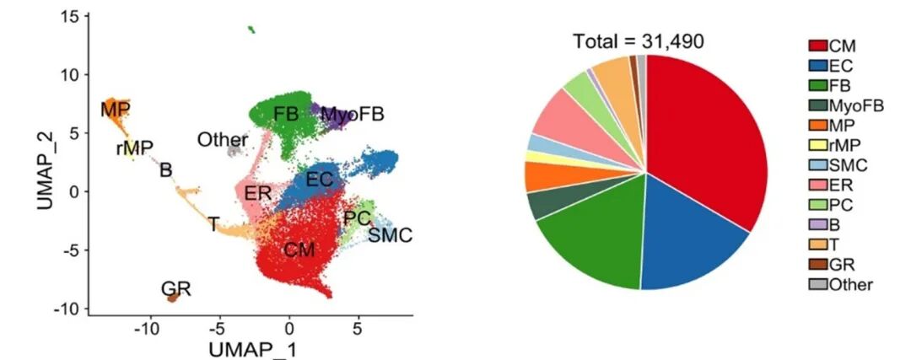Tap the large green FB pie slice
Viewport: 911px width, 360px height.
[590, 244]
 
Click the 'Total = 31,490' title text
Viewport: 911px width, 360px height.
[638, 40]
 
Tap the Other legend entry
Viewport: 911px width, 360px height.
[839, 285]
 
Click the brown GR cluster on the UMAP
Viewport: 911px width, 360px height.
[173, 297]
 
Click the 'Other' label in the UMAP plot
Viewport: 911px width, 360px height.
[223, 140]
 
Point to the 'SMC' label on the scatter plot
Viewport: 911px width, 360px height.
[391, 235]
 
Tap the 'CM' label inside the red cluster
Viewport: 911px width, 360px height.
[299, 250]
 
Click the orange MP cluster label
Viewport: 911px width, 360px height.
[115, 110]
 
